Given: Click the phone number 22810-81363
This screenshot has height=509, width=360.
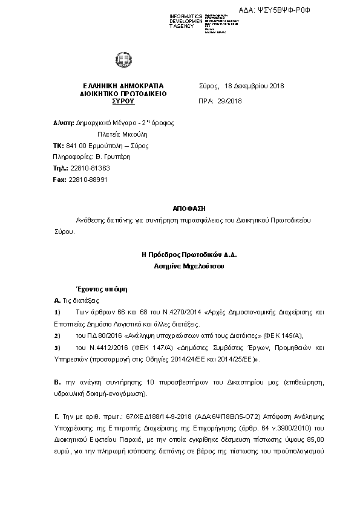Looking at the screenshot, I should [90, 169].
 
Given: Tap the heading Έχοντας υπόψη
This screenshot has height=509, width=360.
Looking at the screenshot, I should [93, 289].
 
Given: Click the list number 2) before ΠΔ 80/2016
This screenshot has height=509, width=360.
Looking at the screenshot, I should [57, 335].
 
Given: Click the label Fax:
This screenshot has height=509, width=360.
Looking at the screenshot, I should [59, 180].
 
